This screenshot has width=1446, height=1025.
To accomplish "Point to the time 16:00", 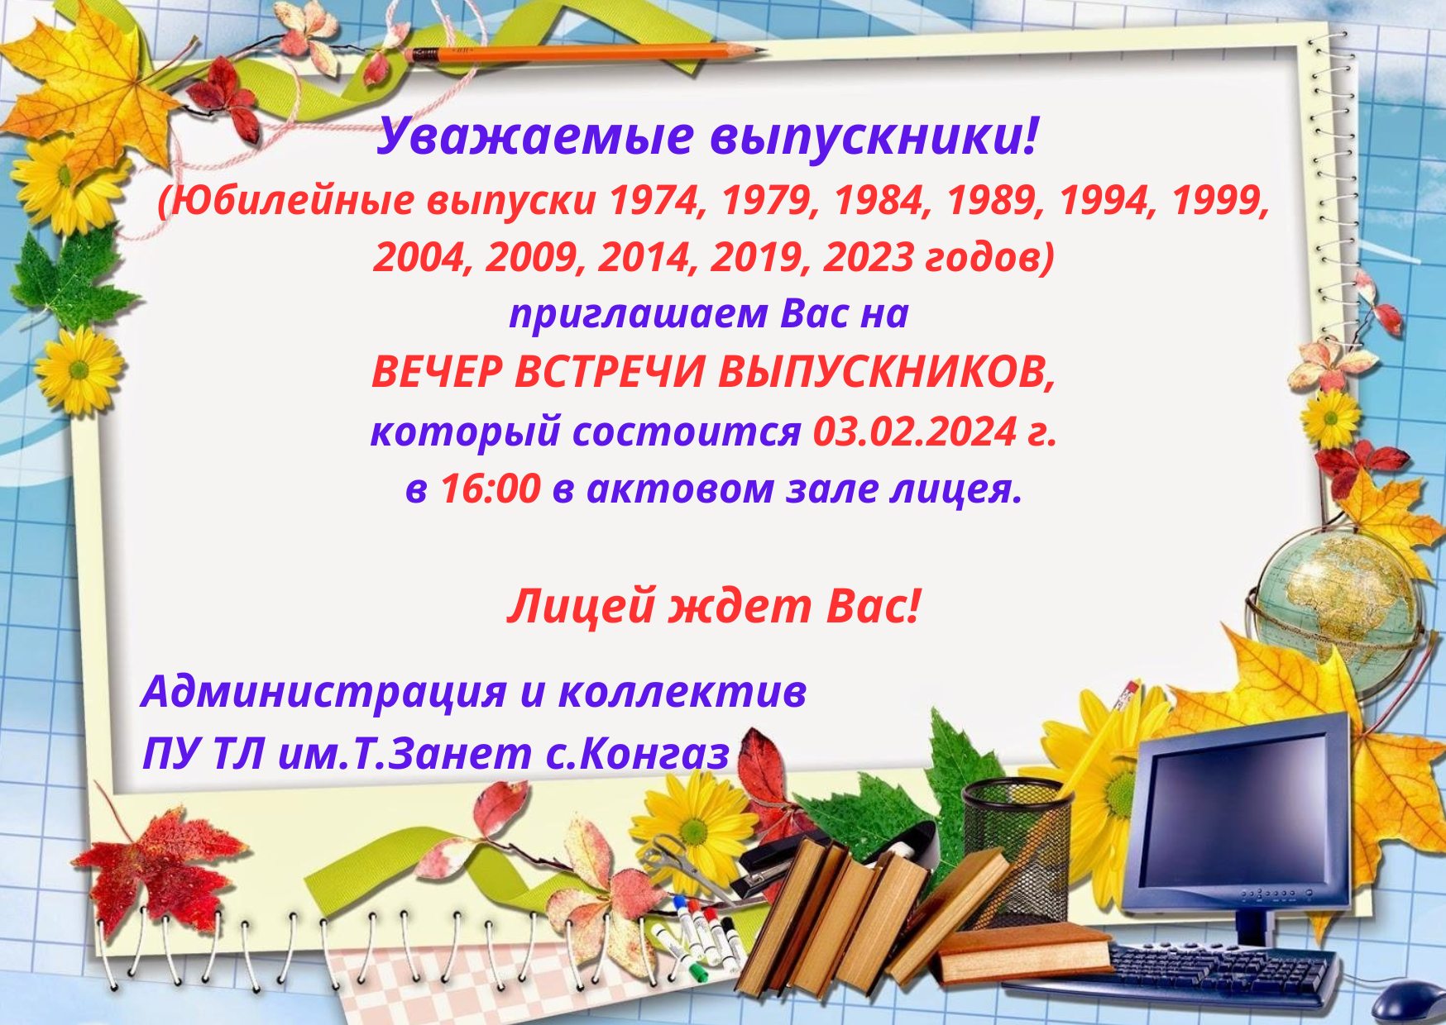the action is click(490, 489).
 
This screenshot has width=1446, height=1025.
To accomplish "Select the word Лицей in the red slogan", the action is click(581, 608).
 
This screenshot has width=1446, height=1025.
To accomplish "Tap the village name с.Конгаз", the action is click(638, 754).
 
